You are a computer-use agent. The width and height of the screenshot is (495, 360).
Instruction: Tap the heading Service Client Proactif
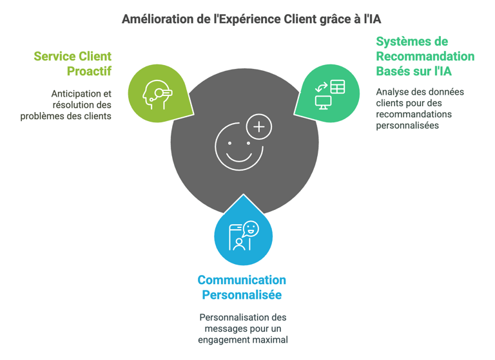tap(73, 63)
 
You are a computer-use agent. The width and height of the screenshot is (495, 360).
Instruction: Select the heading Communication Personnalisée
tap(242, 287)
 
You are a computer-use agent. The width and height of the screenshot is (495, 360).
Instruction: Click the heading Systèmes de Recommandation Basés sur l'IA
tap(425, 56)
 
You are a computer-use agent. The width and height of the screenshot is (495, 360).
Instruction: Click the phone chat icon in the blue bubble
tap(243, 236)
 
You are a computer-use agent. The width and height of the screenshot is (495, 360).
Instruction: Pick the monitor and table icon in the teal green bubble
tap(329, 94)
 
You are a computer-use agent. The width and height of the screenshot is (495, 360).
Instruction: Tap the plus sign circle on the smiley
tap(259, 127)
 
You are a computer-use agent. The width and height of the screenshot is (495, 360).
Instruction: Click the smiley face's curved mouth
tap(239, 157)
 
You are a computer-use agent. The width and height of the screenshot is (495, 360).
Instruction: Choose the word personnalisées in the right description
tap(407, 125)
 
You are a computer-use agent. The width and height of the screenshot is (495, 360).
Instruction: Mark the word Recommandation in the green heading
tap(425, 56)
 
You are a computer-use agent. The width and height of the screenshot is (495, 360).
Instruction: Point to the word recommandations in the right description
tap(414, 114)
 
